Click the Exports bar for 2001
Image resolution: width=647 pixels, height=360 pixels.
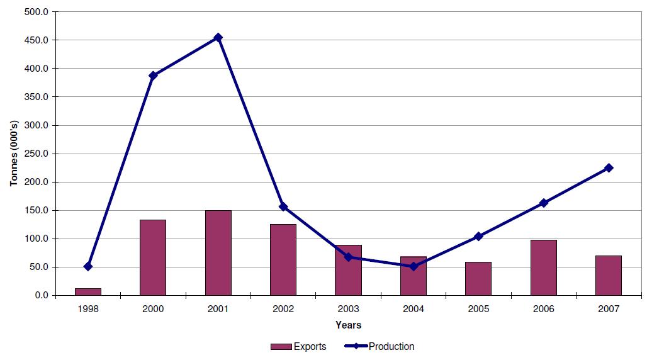point(218,252)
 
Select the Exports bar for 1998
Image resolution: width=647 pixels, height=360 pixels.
point(88,291)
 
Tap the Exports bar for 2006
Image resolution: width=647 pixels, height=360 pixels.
point(543,267)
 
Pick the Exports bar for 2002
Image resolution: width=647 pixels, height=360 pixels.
point(283,259)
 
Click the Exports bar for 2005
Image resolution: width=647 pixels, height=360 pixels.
point(478,278)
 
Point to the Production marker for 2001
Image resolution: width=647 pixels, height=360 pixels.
point(218,38)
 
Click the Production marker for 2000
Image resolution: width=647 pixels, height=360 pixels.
point(153,76)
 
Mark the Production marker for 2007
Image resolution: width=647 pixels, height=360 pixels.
point(609,168)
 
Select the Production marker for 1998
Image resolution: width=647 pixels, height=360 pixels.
point(88,266)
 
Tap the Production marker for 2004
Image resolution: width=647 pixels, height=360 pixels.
point(414,266)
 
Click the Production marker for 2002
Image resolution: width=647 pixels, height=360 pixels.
point(283,206)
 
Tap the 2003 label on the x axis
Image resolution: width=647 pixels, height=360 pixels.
point(348,309)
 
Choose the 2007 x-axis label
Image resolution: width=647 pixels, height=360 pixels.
point(609,309)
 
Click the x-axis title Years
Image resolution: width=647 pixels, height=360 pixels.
point(348,325)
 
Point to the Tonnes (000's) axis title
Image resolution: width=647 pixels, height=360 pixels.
point(13,154)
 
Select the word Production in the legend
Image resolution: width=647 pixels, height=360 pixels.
point(391,347)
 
